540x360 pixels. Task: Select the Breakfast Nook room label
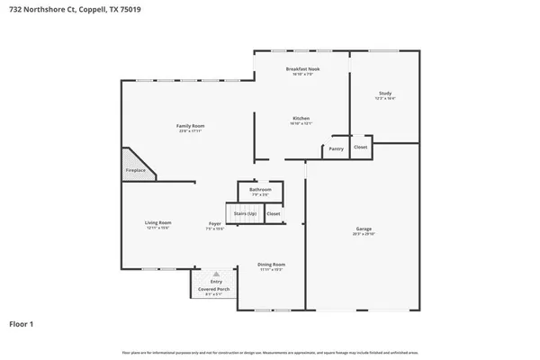302,69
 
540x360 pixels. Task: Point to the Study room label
384,94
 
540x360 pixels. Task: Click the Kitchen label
301,119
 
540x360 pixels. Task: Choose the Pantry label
337,148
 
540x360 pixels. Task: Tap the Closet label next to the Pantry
360,147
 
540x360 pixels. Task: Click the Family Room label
190,126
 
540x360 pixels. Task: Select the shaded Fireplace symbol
136,165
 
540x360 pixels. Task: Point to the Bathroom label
260,190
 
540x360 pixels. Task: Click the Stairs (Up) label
245,213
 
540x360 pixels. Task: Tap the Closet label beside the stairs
274,213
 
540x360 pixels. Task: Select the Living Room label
158,222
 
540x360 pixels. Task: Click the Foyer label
215,223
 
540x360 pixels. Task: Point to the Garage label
363,229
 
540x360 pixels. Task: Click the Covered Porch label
214,288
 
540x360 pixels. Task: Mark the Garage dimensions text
363,235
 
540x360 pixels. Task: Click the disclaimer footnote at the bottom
269,351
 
